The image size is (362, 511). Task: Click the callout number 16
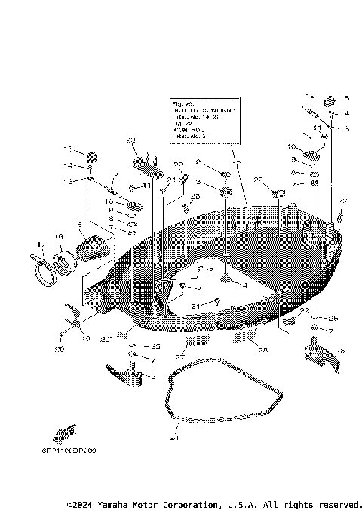click(77, 224)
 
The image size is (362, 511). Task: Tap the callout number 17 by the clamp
click(41, 243)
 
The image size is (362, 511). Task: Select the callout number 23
click(130, 141)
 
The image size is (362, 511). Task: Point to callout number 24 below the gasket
click(173, 438)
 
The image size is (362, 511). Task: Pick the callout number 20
click(60, 349)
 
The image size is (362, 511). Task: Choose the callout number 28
click(262, 349)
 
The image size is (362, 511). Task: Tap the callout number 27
click(180, 355)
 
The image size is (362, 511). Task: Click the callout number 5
click(153, 375)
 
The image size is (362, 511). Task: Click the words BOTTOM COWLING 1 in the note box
click(202, 110)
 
